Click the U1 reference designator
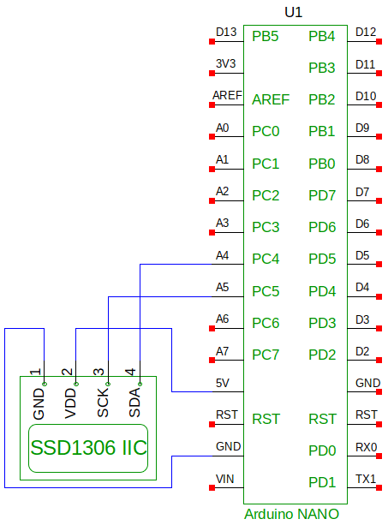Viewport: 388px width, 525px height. (x=293, y=12)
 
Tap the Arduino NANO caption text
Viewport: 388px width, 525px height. (x=291, y=514)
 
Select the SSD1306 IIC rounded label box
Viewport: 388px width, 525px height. (x=88, y=448)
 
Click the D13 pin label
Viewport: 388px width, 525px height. (x=226, y=33)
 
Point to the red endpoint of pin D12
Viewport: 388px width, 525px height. (x=379, y=41)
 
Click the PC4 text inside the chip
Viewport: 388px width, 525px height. (x=266, y=259)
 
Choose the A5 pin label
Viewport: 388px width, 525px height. (x=223, y=287)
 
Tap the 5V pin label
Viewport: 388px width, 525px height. (x=223, y=383)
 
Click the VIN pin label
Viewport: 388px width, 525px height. (x=225, y=479)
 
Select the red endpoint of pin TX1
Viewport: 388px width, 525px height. (x=379, y=488)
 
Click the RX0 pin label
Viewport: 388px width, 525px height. (x=367, y=447)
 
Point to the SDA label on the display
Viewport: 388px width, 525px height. (x=134, y=403)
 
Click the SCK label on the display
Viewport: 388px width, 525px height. (x=103, y=403)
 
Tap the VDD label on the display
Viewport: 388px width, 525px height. (x=70, y=403)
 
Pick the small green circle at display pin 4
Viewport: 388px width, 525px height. (x=140, y=384)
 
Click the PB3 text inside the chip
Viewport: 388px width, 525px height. (x=322, y=68)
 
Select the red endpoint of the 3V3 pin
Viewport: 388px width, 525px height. (x=212, y=74)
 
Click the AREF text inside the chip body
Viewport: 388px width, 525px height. (x=271, y=100)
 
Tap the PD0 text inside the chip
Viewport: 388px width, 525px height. (x=322, y=450)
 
